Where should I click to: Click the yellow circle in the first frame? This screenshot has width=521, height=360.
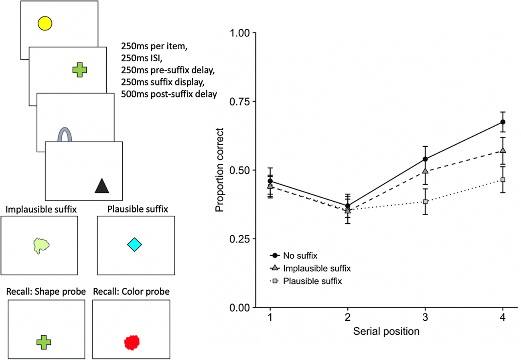pos(45,24)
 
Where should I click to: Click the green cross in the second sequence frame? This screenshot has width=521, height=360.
pos(79,70)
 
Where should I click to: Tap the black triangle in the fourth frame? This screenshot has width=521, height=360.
pos(102,186)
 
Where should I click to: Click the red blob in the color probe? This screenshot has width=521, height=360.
pos(132,342)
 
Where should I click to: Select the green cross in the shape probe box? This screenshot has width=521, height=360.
pos(44,342)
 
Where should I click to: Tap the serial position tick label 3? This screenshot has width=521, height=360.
pos(425,318)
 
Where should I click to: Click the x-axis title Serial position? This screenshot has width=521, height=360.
pos(387,332)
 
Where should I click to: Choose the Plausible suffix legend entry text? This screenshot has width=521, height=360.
pos(312,281)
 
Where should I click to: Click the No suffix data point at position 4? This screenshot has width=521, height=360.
pos(503,122)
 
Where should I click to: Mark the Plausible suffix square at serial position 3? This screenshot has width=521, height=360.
pos(425,202)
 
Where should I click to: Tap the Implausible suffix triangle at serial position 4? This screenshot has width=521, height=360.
pos(503,150)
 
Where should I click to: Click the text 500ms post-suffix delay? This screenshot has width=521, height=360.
pos(168,95)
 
